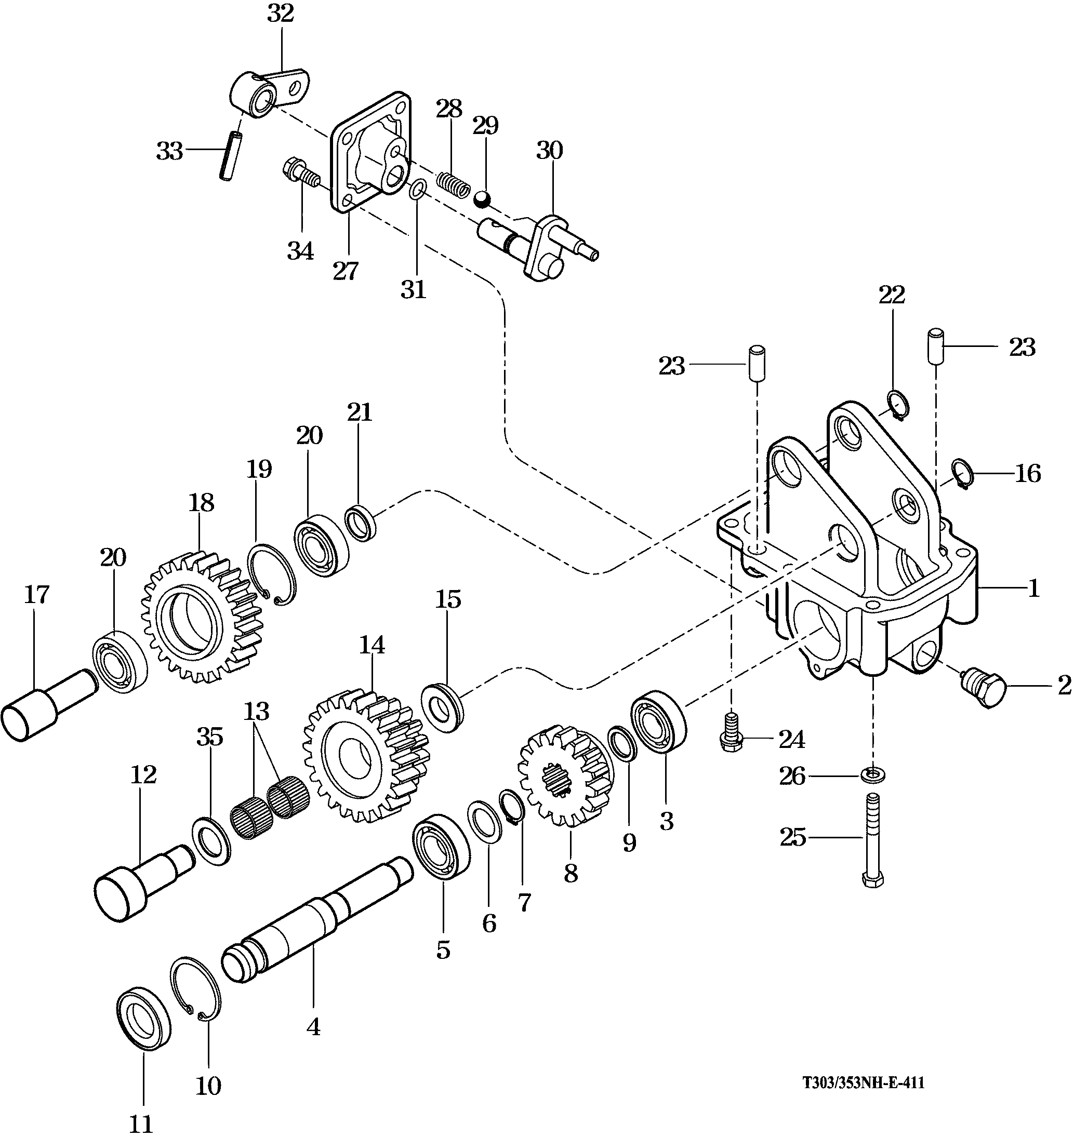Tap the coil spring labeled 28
coord(454,182)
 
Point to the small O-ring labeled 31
coord(417,190)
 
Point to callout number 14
coord(372,645)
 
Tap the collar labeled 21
coord(360,522)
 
